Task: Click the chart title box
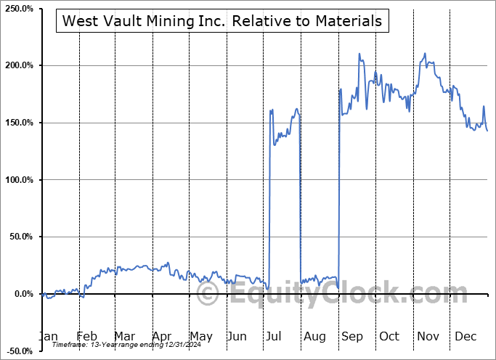click(222, 21)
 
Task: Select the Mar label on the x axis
click(124, 337)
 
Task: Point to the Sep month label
click(352, 337)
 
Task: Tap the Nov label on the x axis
click(428, 337)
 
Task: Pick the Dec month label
click(466, 337)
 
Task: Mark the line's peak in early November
click(425, 54)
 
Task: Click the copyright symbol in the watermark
click(208, 294)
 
